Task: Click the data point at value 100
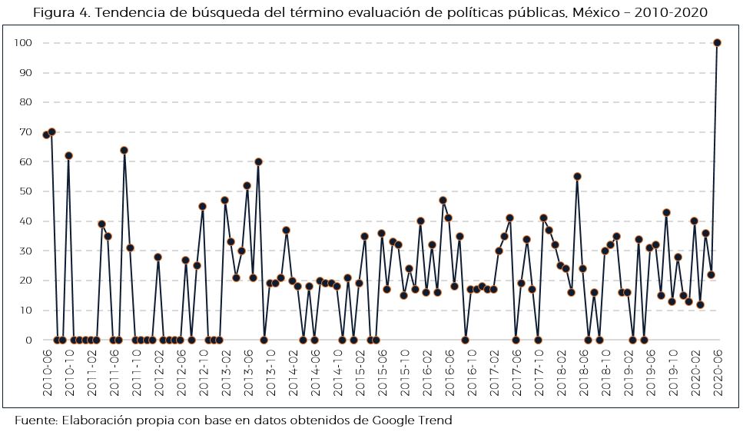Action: (717, 43)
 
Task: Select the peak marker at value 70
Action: (51, 132)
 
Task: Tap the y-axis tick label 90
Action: (25, 73)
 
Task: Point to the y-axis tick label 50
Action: (25, 191)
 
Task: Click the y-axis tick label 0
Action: (28, 340)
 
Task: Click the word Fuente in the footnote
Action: (34, 420)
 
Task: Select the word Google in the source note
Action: (390, 420)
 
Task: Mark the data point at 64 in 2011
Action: (124, 150)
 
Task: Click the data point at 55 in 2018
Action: (577, 176)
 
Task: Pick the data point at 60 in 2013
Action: (258, 161)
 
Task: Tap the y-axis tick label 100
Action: (22, 43)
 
